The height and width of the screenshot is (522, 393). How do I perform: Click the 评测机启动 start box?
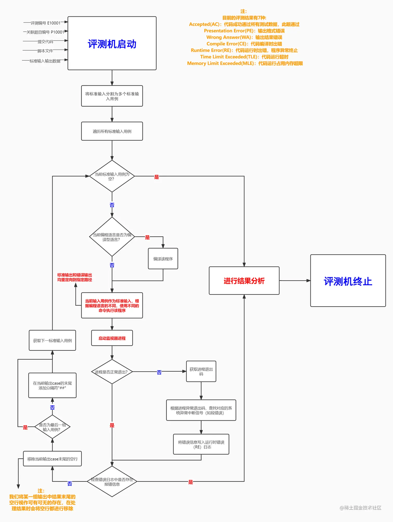tap(112, 43)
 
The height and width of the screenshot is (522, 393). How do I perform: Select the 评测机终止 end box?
tap(348, 281)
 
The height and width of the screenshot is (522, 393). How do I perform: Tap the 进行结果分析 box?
tap(244, 281)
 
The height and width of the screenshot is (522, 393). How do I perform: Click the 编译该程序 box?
tap(163, 259)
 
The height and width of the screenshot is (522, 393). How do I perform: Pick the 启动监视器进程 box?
tap(112, 338)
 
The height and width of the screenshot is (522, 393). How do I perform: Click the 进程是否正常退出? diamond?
tap(112, 372)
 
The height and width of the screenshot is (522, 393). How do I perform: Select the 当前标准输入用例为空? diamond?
tap(112, 176)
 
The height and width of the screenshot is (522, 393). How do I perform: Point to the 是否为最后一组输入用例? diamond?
tap(52, 427)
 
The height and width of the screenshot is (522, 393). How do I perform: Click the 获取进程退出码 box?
tap(201, 371)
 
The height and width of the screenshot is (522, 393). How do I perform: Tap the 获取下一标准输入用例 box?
tap(52, 340)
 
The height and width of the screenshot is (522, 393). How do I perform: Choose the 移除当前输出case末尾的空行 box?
tap(52, 459)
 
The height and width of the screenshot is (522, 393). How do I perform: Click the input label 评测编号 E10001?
tap(45, 23)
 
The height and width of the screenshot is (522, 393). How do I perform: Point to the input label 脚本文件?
tap(45, 51)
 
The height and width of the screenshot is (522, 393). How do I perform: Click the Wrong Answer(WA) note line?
tap(244, 37)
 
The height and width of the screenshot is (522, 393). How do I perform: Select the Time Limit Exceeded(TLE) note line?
tap(244, 57)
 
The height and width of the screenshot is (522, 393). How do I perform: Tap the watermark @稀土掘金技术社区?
tap(360, 508)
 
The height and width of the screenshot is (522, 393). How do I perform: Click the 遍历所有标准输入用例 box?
tap(112, 131)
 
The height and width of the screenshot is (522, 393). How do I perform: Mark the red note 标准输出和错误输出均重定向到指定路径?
tap(75, 277)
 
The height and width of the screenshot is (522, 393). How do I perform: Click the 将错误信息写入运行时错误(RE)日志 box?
tap(201, 444)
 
